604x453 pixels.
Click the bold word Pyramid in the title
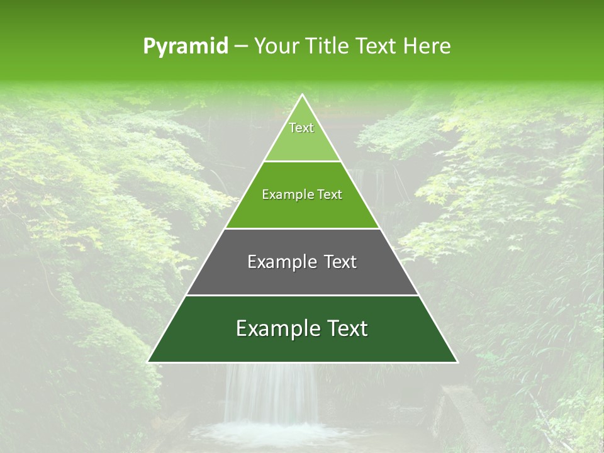pyautogui.click(x=185, y=46)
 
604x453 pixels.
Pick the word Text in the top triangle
pyautogui.click(x=301, y=128)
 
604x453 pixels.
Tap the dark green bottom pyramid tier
pyautogui.click(x=302, y=346)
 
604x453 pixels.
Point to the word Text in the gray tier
pyautogui.click(x=340, y=262)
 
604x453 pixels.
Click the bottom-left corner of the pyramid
pyautogui.click(x=148, y=362)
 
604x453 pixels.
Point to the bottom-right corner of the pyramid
pyautogui.click(x=457, y=362)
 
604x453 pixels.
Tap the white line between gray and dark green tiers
pyautogui.click(x=302, y=295)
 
